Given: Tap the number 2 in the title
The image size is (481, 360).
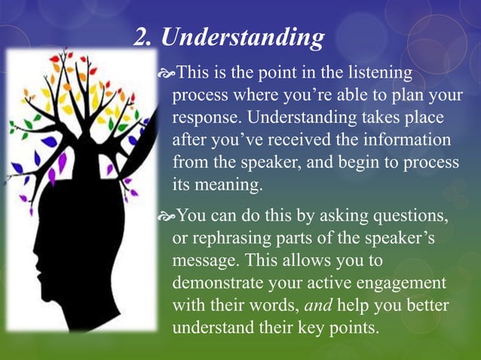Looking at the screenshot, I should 140,36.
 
